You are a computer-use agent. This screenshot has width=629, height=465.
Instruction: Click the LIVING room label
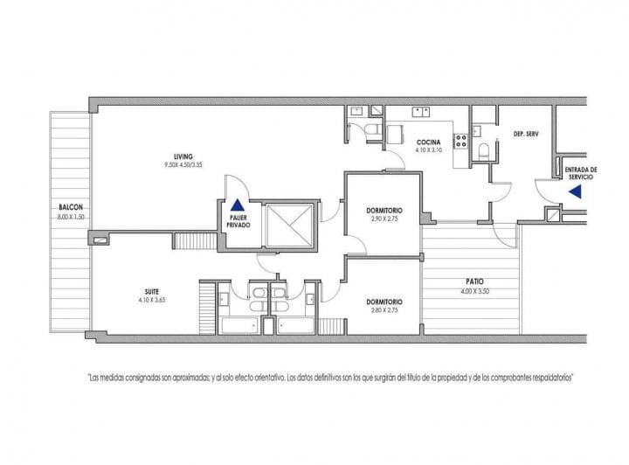(183, 156)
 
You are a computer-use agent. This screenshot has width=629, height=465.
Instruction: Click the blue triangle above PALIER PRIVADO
(237, 205)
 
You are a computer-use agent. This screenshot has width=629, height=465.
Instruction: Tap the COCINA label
(428, 142)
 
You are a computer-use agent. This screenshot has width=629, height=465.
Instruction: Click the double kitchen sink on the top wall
(420, 111)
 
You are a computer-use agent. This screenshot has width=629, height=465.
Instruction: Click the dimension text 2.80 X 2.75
(384, 310)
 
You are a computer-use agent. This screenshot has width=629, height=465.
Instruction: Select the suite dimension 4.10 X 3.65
(152, 300)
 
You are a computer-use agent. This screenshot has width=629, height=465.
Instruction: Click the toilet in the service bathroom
(483, 150)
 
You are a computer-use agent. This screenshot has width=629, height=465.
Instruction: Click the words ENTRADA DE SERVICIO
(581, 173)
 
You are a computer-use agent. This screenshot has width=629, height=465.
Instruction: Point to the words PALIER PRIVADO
(237, 221)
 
